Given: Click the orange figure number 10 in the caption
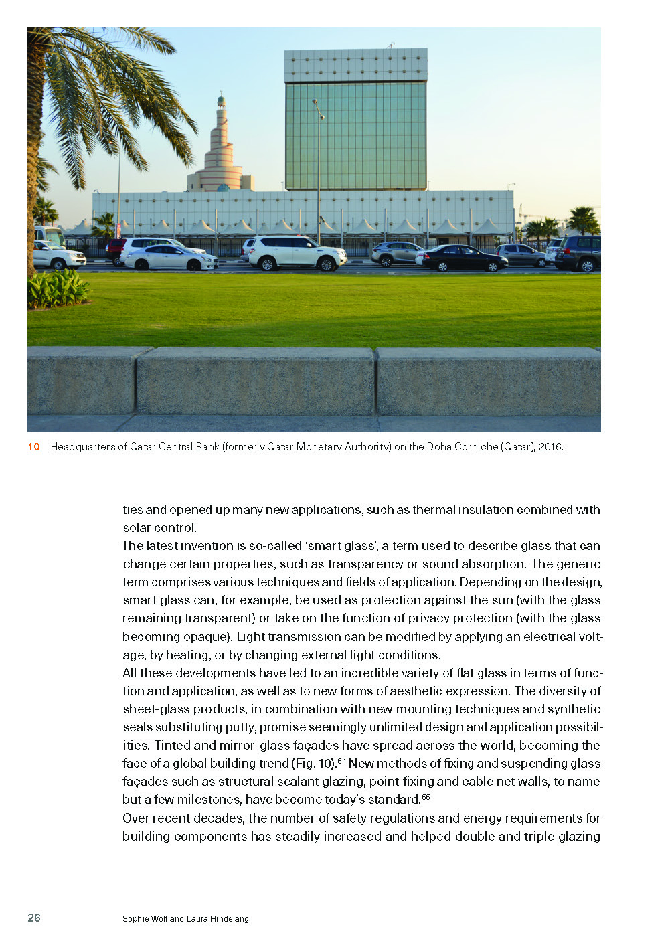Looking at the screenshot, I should pos(33,447).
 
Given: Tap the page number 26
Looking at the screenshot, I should pos(34,918).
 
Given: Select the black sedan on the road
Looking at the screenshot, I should pos(462,258).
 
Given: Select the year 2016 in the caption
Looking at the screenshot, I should pos(550,447).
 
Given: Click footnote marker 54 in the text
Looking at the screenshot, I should pos(341,761).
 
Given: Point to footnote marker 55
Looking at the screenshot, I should pos(426,797).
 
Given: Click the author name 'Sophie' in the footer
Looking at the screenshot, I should pos(136,919).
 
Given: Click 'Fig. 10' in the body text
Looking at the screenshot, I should pos(314,764).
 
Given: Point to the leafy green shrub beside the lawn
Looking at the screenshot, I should pos(57,289).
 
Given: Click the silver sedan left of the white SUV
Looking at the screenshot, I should pos(171,258).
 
